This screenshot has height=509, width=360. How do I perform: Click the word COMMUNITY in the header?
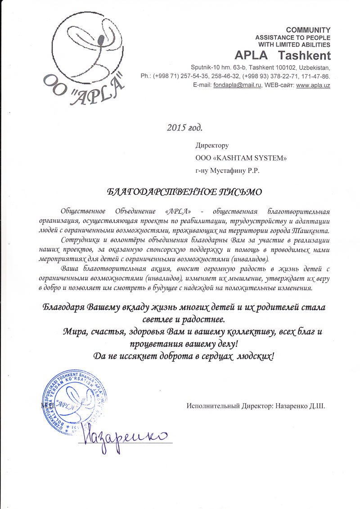tap(308, 30)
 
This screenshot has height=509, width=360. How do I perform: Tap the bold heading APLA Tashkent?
tap(283, 56)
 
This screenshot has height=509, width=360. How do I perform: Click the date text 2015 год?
tap(184, 127)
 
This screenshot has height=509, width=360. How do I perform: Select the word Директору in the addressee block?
tap(212, 146)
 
